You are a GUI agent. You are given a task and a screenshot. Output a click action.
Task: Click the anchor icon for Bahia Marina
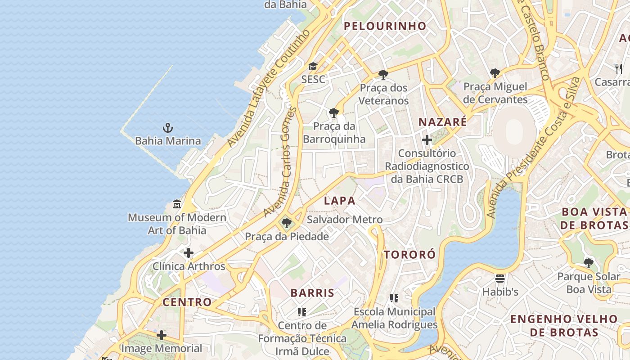(x=168, y=128)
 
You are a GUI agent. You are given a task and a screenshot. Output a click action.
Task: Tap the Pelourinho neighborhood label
(x=385, y=26)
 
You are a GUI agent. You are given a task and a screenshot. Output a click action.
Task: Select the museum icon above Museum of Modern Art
(x=177, y=205)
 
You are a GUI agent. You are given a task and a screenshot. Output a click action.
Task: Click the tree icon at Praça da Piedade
(x=286, y=223)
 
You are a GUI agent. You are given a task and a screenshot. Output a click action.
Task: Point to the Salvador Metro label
(x=344, y=220)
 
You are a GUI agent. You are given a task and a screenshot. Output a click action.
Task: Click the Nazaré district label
(x=443, y=122)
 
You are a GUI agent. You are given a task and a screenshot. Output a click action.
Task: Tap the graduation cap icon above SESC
(x=313, y=67)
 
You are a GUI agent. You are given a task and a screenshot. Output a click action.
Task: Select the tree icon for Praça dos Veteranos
(x=383, y=74)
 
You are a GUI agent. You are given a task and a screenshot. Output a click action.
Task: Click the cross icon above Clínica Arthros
(x=189, y=253)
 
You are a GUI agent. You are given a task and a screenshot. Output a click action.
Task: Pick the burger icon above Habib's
(x=500, y=279)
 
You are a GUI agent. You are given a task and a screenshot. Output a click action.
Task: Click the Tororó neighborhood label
(x=409, y=255)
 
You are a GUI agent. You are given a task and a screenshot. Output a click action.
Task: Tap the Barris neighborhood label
(x=312, y=293)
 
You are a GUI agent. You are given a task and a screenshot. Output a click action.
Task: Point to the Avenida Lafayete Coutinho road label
(x=269, y=89)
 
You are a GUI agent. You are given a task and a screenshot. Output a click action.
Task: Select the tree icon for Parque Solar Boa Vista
(x=588, y=263)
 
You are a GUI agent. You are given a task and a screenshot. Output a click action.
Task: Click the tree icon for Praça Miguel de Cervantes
(x=495, y=73)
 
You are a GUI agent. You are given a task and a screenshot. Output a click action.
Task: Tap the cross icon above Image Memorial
(x=162, y=335)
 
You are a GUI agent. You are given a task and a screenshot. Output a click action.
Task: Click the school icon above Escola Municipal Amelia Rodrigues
(x=394, y=298)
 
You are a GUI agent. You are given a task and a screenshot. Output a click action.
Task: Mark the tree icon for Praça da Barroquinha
(x=333, y=112)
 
